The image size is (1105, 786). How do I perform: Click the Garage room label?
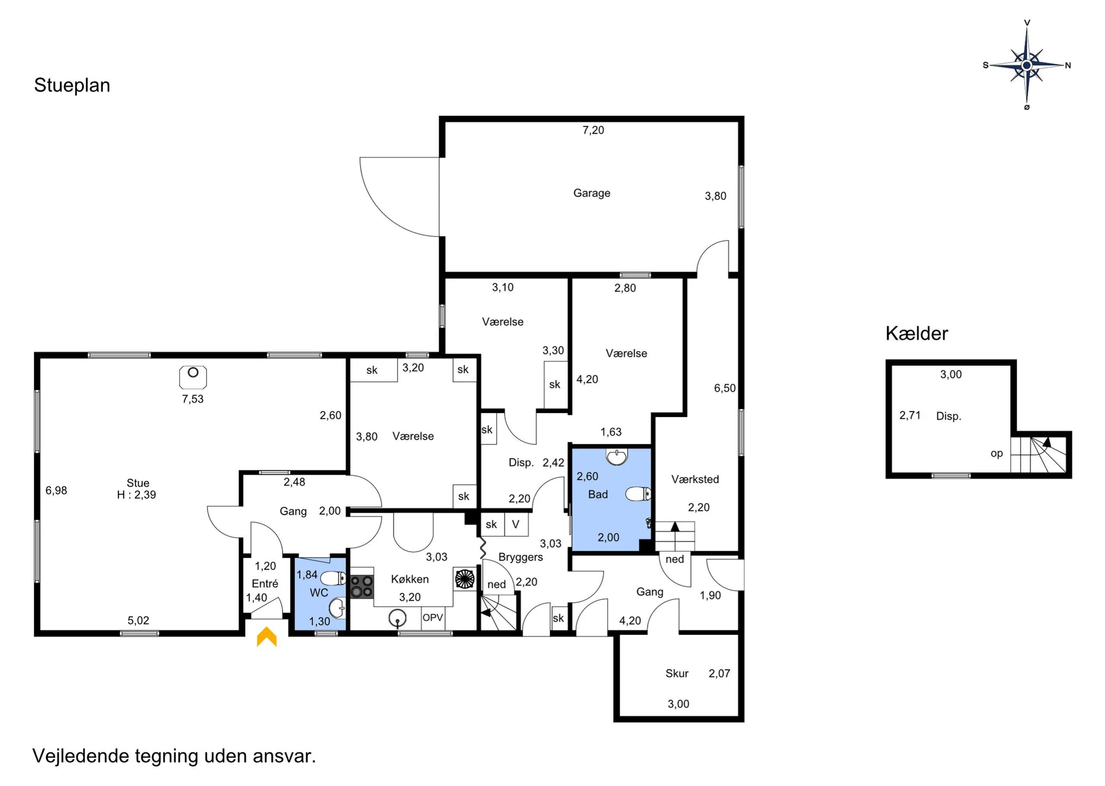592,193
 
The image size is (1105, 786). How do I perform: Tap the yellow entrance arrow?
266,636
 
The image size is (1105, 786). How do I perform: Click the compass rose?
1026,65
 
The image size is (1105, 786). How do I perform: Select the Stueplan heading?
72,85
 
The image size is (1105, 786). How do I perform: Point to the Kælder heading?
917,333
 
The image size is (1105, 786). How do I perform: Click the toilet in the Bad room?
638,494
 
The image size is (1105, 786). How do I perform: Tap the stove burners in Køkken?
362,586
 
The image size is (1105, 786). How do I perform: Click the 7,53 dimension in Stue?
193,399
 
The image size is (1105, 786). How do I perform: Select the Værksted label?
695,480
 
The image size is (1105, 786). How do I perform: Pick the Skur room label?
677,673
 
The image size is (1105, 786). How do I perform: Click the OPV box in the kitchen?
433,618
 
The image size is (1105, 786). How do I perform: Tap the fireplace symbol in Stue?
193,377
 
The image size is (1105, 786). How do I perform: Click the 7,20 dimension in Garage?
593,130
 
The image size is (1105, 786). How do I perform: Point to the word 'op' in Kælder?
997,453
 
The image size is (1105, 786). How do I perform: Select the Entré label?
265,584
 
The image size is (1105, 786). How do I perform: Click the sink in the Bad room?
617,457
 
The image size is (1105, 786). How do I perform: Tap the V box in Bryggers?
516,524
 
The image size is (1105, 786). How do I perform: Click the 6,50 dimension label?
725,388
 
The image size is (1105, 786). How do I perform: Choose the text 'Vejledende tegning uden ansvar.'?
174,755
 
